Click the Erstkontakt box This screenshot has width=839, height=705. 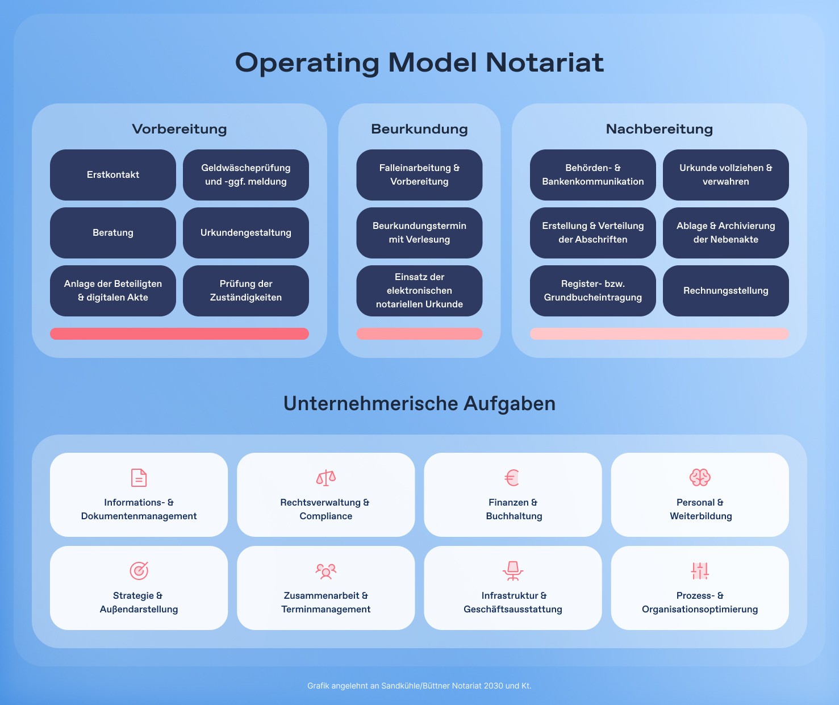113,175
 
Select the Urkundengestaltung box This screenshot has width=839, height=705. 246,233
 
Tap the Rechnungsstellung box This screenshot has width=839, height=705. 725,291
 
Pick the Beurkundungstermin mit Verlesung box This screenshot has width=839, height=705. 419,233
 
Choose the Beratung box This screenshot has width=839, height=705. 113,233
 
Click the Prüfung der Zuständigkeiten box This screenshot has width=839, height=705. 246,291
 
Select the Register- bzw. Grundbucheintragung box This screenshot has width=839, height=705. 592,291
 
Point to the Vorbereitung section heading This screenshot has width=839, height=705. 180,129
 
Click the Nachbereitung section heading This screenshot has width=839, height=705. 659,129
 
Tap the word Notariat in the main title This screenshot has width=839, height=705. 545,62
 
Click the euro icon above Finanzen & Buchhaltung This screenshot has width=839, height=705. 512,478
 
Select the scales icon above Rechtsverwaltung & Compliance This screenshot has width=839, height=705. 325,478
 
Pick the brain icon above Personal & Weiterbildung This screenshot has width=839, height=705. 700,478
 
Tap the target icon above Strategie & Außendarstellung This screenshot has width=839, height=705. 139,570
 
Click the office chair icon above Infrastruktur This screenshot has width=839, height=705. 513,570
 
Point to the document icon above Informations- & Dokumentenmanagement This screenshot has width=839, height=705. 139,478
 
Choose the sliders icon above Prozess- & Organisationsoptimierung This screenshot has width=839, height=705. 700,570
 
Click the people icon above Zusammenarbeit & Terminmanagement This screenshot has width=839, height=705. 325,570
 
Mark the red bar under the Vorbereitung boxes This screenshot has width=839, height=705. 180,333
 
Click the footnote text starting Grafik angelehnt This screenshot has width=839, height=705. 419,686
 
